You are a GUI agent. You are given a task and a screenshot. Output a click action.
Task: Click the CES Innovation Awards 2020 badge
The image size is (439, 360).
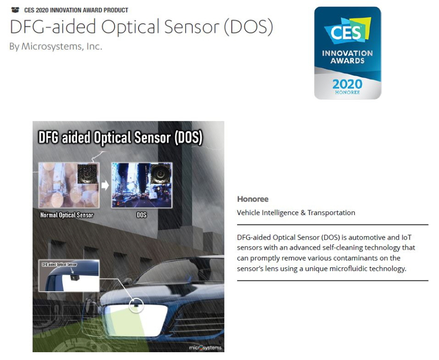347,53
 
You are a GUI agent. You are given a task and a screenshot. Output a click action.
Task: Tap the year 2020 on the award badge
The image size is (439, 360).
347,84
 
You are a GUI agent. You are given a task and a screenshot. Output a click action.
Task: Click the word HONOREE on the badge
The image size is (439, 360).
347,92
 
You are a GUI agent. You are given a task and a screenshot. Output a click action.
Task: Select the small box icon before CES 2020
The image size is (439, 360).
15,10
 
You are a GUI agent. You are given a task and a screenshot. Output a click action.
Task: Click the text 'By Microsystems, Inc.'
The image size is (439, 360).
56,46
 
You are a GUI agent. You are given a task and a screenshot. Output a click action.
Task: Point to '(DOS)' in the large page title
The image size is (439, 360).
248,27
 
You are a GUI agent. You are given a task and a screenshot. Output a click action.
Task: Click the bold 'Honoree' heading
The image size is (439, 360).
253,199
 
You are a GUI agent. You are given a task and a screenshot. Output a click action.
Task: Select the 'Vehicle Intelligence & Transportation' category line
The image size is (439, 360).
296,213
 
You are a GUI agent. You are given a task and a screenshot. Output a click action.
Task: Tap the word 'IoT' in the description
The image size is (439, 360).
406,238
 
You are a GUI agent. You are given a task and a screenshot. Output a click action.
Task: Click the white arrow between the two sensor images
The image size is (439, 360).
105,185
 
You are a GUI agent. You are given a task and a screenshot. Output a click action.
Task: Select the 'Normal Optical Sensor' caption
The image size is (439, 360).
67,215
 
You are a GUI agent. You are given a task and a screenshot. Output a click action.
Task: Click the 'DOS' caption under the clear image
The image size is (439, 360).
141,215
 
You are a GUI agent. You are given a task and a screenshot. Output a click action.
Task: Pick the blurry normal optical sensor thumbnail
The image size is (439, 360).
69,185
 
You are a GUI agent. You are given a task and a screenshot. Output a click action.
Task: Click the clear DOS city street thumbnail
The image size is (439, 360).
141,185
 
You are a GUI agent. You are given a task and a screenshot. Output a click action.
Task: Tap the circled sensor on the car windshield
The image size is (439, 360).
137,305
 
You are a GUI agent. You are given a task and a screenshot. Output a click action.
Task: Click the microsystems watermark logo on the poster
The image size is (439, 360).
205,348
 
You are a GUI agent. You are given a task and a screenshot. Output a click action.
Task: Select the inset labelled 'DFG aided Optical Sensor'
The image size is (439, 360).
69,276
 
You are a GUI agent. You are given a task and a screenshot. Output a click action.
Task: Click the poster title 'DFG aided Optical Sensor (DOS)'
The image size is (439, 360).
120,138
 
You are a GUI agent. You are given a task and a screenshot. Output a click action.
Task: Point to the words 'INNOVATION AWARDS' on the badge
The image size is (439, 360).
347,57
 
